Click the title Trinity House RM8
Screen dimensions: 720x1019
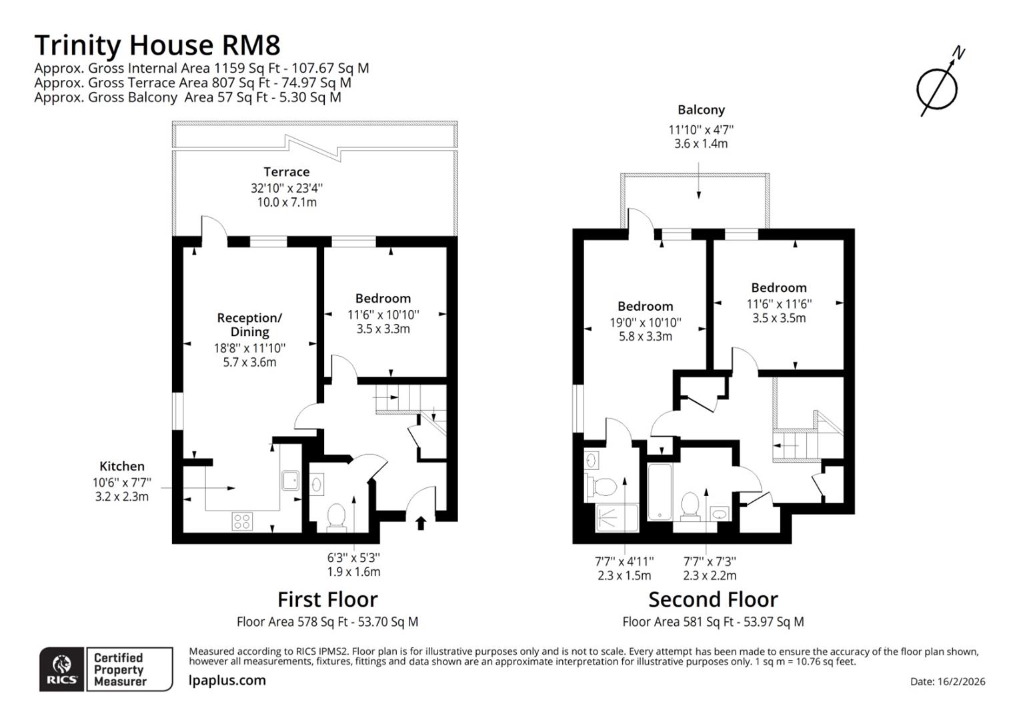(157, 45)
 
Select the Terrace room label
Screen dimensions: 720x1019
(286, 172)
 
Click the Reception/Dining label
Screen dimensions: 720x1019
(249, 325)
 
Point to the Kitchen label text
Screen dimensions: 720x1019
(122, 467)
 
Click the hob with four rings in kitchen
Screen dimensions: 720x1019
(242, 521)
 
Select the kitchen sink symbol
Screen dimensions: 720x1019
(290, 480)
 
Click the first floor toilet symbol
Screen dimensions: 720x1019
(336, 517)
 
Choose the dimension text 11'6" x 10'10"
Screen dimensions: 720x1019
(383, 315)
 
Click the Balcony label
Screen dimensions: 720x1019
(701, 110)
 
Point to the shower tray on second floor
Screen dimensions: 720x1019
(616, 518)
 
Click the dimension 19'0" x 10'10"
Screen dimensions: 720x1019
(645, 323)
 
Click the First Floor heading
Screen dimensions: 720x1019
(327, 599)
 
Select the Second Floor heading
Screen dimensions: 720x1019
(713, 599)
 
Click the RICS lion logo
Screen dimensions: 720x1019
(62, 669)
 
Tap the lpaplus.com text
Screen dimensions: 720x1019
(227, 681)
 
